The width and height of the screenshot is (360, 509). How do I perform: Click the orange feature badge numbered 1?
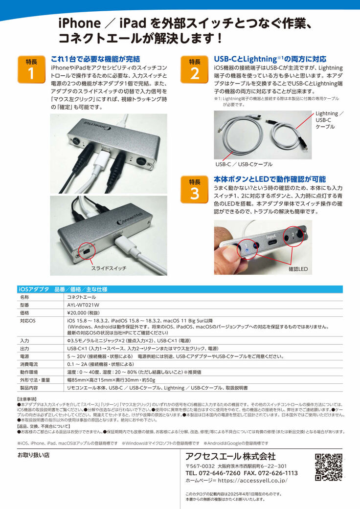click(31, 69)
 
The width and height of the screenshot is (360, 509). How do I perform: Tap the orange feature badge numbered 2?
click(194, 69)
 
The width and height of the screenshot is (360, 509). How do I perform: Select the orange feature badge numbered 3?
click(194, 190)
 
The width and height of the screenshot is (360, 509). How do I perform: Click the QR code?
click(329, 467)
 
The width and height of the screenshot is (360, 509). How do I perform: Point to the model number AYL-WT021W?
click(83, 305)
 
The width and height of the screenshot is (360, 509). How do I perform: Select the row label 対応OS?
click(27, 321)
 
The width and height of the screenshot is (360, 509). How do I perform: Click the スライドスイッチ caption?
click(109, 268)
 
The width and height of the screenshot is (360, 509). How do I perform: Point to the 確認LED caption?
click(298, 269)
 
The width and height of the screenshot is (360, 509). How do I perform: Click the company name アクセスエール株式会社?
click(230, 456)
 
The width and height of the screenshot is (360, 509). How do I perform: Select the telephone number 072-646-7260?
click(220, 473)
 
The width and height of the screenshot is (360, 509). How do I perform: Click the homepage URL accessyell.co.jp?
click(252, 481)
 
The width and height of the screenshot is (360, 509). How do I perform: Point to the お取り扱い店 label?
click(33, 455)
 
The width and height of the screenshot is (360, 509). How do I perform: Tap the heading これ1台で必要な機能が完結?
click(95, 59)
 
